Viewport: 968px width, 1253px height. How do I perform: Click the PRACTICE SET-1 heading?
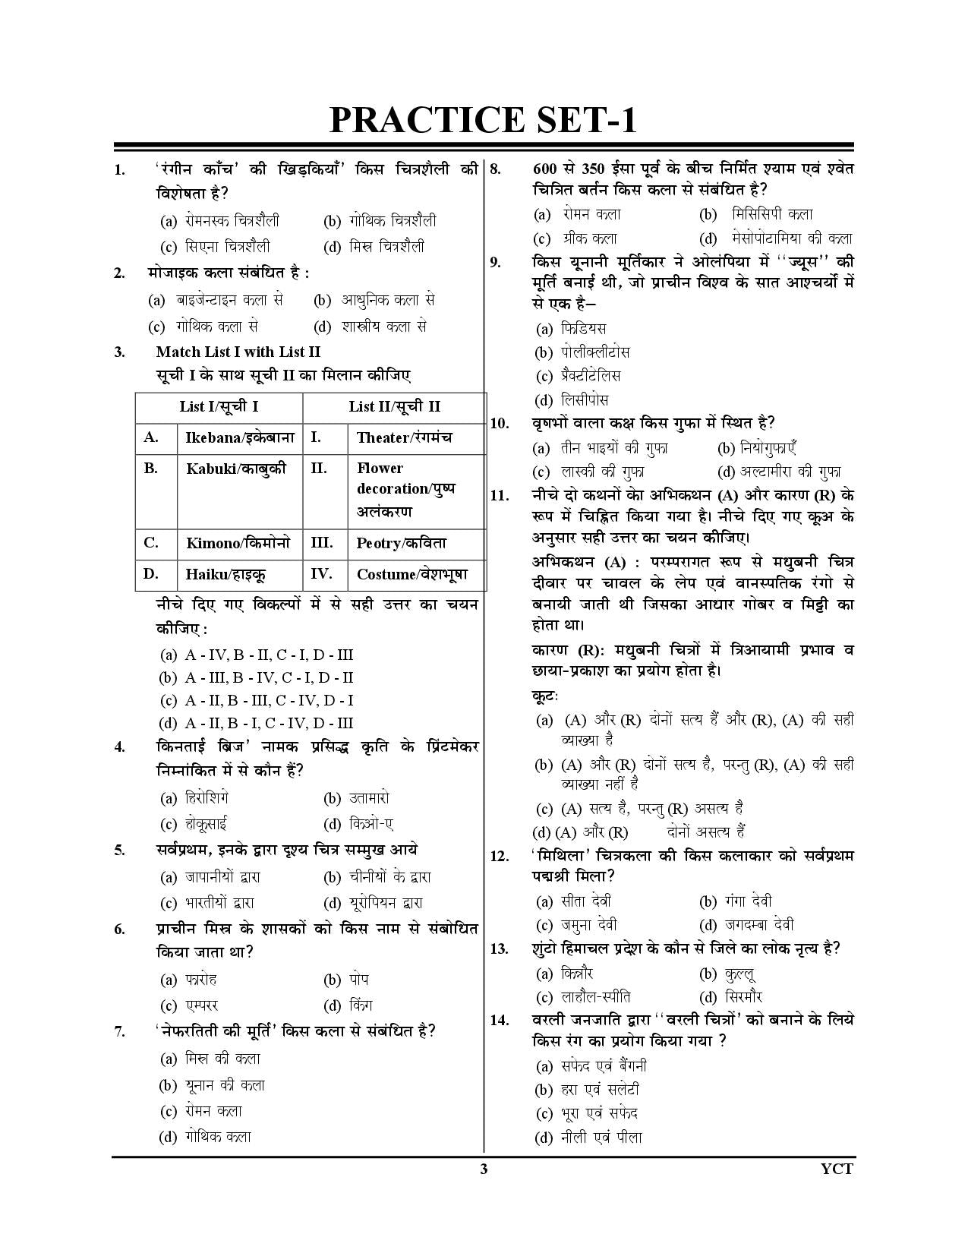[x=483, y=120]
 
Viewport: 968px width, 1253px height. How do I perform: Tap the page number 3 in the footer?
[x=484, y=1169]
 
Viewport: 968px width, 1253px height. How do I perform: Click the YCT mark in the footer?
[x=837, y=1169]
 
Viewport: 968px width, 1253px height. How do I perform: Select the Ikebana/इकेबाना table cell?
[x=239, y=438]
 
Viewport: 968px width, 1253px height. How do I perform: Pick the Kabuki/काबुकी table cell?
[x=236, y=469]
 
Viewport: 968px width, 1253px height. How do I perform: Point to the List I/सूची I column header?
[x=219, y=407]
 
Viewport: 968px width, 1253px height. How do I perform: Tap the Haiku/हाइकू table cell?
[x=225, y=575]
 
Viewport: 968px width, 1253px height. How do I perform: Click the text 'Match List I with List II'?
[x=238, y=352]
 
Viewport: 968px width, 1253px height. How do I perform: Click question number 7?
[x=119, y=1031]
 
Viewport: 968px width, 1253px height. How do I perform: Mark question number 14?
[x=499, y=1021]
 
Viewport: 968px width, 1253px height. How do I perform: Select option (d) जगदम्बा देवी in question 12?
[x=746, y=925]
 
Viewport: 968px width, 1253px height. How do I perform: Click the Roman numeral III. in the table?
[x=322, y=543]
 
